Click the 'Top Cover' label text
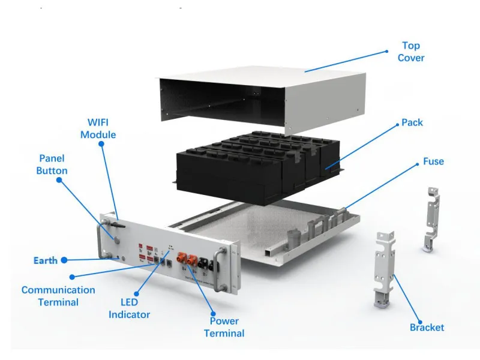click(x=411, y=52)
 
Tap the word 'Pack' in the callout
click(x=412, y=122)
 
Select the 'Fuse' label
click(x=433, y=161)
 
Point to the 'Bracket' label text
click(x=427, y=327)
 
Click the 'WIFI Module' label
click(x=98, y=129)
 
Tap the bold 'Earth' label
click(x=46, y=260)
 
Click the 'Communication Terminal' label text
click(x=58, y=296)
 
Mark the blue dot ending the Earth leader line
click(x=64, y=260)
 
